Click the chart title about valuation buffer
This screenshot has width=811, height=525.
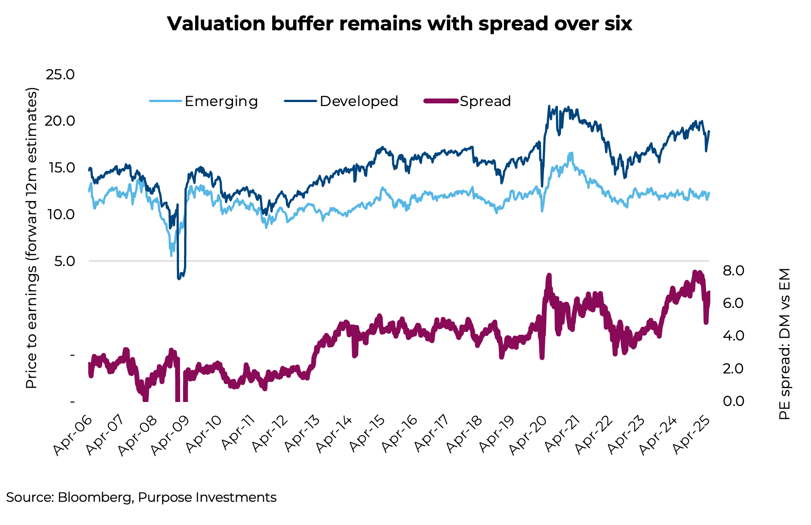399,24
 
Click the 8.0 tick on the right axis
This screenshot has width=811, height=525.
733,271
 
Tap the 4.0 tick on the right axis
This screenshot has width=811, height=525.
733,336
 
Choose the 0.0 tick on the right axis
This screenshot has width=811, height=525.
733,401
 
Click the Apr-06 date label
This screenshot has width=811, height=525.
72,436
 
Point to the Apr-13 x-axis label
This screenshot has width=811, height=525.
303,436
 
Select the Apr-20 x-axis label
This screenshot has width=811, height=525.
533,436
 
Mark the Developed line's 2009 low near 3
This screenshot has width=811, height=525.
179,278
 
